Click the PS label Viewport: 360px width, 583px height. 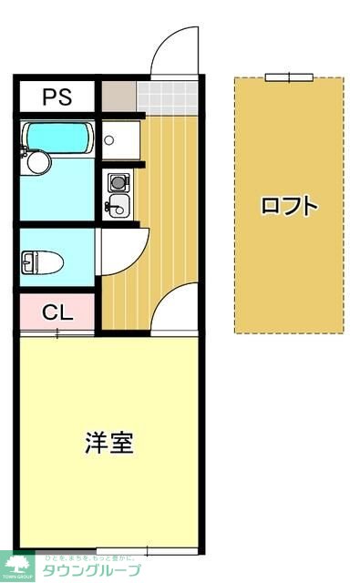click(56, 96)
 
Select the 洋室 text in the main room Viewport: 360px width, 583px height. click(109, 443)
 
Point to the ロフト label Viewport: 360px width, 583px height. click(289, 205)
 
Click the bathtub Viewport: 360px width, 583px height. click(57, 138)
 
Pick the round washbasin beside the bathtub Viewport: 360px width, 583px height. click(37, 162)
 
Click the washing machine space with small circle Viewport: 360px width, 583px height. click(117, 140)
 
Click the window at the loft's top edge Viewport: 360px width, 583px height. click(289, 77)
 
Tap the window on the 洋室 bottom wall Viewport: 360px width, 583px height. click(122, 551)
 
